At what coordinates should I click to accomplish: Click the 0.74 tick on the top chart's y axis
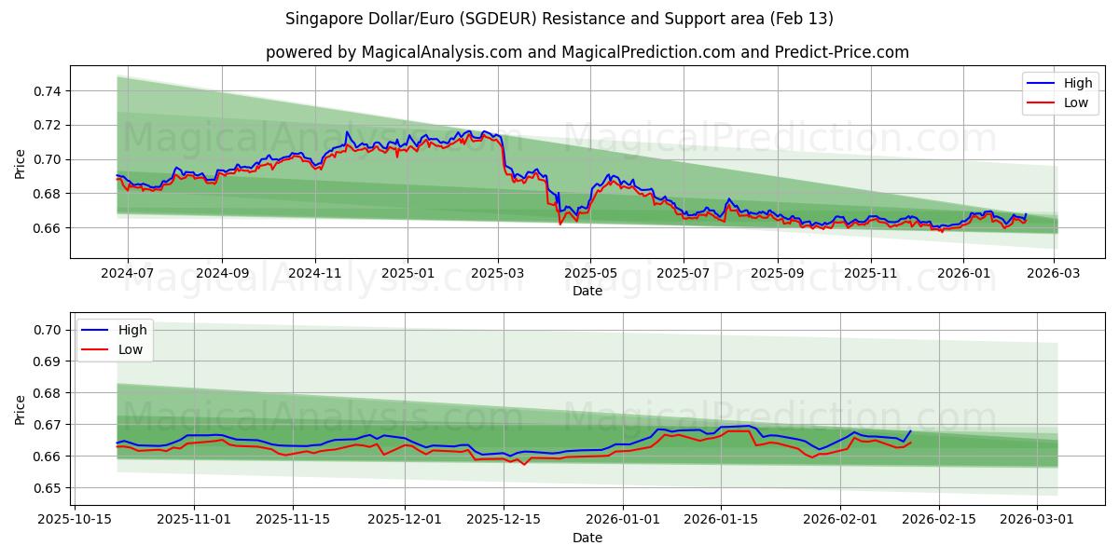click(x=48, y=91)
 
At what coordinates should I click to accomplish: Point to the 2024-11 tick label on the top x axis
click(x=314, y=273)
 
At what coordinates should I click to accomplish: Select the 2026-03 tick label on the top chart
click(x=1054, y=273)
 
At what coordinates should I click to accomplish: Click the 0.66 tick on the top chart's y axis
click(x=48, y=228)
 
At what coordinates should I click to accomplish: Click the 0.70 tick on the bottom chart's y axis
click(x=48, y=330)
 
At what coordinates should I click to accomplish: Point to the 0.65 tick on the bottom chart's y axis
click(x=48, y=488)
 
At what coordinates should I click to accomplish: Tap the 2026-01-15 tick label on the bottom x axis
click(x=720, y=520)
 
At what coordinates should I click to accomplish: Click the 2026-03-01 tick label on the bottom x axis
click(x=1038, y=520)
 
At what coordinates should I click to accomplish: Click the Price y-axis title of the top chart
click(x=21, y=163)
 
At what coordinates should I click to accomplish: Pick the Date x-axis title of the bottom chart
click(x=587, y=538)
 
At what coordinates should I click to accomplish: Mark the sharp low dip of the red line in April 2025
click(x=560, y=224)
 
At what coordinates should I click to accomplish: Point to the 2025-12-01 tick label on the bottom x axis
click(x=405, y=520)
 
